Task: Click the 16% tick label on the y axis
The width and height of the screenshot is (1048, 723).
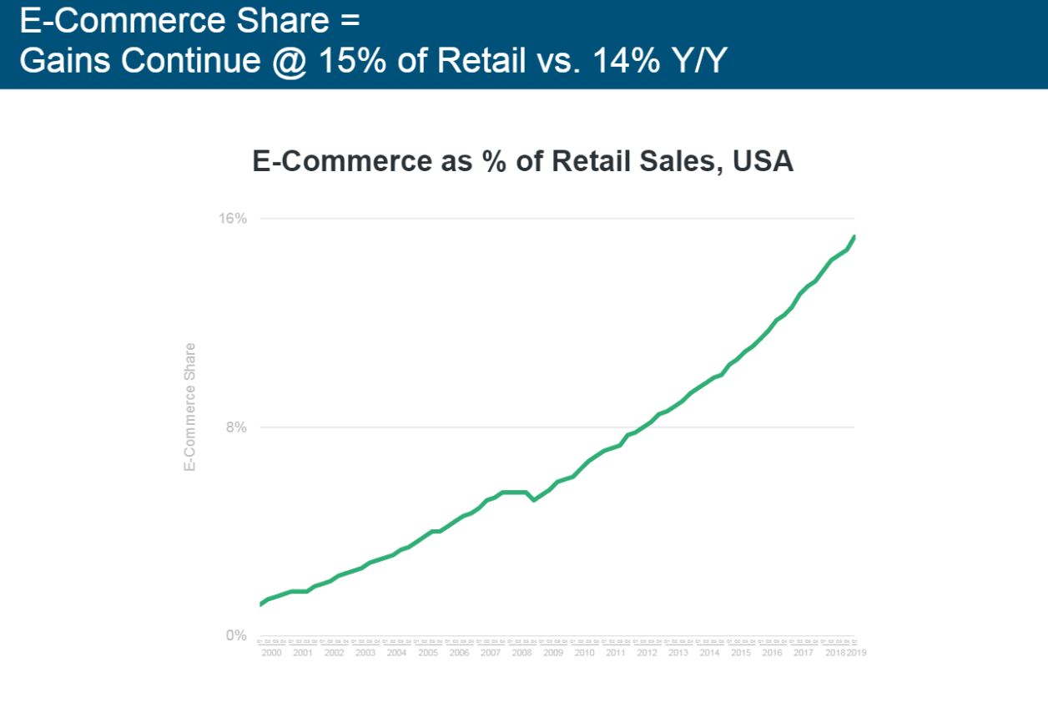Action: pyautogui.click(x=233, y=219)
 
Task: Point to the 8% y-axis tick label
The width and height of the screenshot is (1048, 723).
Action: pyautogui.click(x=236, y=427)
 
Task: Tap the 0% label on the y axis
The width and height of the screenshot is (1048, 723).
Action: pyautogui.click(x=236, y=635)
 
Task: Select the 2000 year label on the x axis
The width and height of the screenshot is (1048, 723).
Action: pyautogui.click(x=271, y=653)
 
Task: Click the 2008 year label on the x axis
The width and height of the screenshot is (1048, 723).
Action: pyautogui.click(x=521, y=653)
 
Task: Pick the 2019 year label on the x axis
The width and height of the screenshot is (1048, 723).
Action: pyautogui.click(x=857, y=653)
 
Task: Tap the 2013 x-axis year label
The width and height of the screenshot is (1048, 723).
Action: pyautogui.click(x=678, y=653)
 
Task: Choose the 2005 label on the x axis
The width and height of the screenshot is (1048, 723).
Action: pyautogui.click(x=428, y=653)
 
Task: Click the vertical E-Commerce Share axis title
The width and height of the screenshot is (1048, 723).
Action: pyautogui.click(x=190, y=407)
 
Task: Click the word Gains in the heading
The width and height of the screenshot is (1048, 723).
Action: pyautogui.click(x=57, y=60)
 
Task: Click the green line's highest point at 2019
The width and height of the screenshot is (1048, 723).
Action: pyautogui.click(x=854, y=237)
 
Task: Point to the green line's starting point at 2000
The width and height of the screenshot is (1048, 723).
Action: pyautogui.click(x=261, y=604)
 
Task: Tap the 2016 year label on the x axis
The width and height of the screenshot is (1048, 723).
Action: pyautogui.click(x=772, y=653)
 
